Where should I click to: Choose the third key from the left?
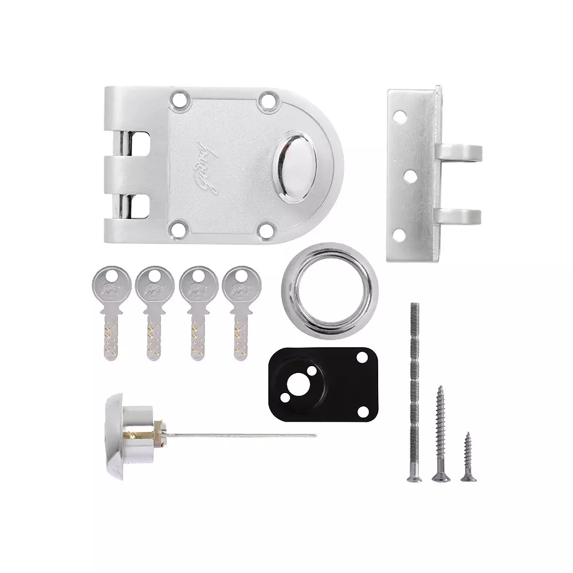tap(198, 312)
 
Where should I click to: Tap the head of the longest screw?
tap(414, 477)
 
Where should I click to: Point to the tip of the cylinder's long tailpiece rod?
tap(314, 435)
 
